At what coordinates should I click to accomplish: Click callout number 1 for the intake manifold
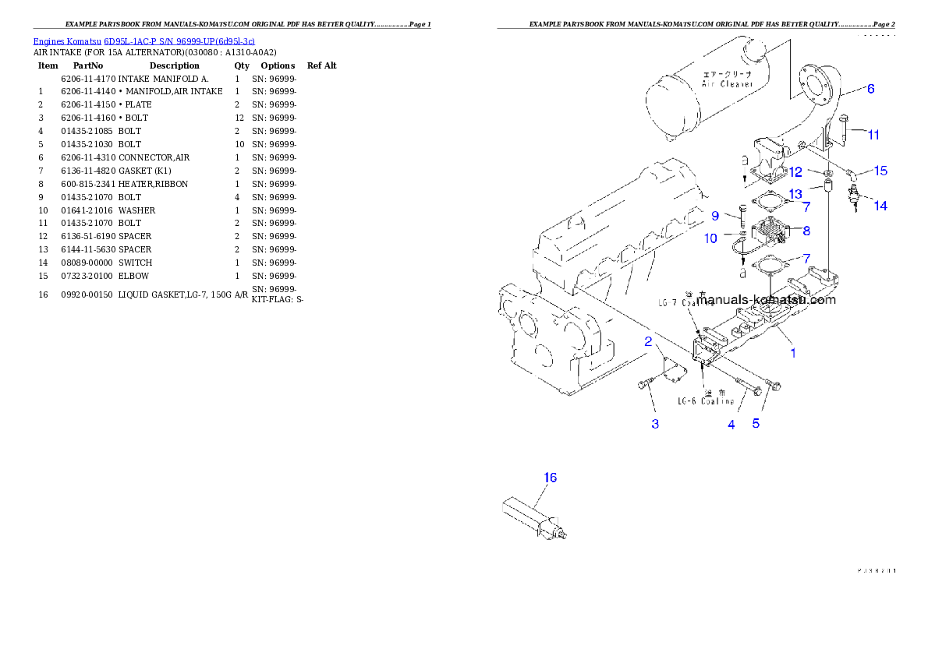click(793, 353)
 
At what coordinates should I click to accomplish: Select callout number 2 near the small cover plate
click(648, 340)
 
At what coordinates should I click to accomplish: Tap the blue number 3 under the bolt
click(655, 424)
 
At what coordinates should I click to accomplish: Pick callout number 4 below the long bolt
click(731, 425)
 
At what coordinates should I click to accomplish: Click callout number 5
click(756, 424)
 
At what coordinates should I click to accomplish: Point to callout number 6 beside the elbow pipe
click(870, 89)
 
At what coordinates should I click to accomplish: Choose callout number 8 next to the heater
click(806, 231)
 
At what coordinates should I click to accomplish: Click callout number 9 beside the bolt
click(714, 215)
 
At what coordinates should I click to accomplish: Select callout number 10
click(710, 239)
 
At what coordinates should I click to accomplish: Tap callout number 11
click(873, 135)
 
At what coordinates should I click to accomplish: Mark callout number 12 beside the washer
click(795, 171)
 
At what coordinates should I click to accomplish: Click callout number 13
click(795, 193)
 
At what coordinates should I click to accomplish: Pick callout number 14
click(880, 206)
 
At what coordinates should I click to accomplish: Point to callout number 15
click(880, 171)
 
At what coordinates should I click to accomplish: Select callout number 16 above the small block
click(550, 478)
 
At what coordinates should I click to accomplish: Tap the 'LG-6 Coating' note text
click(705, 401)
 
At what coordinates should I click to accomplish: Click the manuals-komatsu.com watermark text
click(766, 299)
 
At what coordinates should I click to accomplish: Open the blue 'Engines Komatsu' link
click(143, 41)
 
